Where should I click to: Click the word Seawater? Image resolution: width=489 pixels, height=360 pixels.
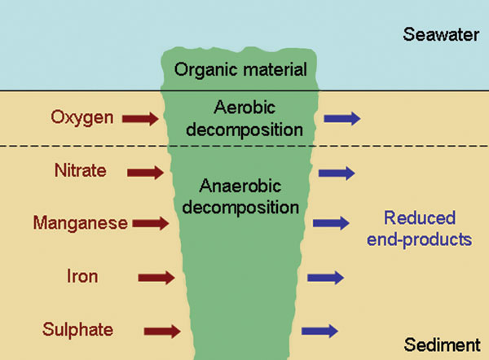(x=441, y=35)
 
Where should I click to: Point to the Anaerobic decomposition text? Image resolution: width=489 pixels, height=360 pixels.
(x=240, y=195)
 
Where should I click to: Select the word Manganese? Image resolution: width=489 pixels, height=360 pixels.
(x=81, y=222)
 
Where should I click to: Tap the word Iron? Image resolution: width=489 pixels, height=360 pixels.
(x=81, y=277)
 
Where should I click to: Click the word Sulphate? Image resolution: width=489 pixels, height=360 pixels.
(x=81, y=329)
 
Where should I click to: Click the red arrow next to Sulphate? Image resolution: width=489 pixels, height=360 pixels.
(x=163, y=331)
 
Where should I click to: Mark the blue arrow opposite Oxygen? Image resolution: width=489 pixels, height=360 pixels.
(x=341, y=120)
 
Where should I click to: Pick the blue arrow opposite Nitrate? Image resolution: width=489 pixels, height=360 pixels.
(x=336, y=173)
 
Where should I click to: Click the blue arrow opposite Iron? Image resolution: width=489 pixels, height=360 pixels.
(x=325, y=278)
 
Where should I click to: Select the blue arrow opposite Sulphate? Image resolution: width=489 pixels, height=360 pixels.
(x=319, y=331)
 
